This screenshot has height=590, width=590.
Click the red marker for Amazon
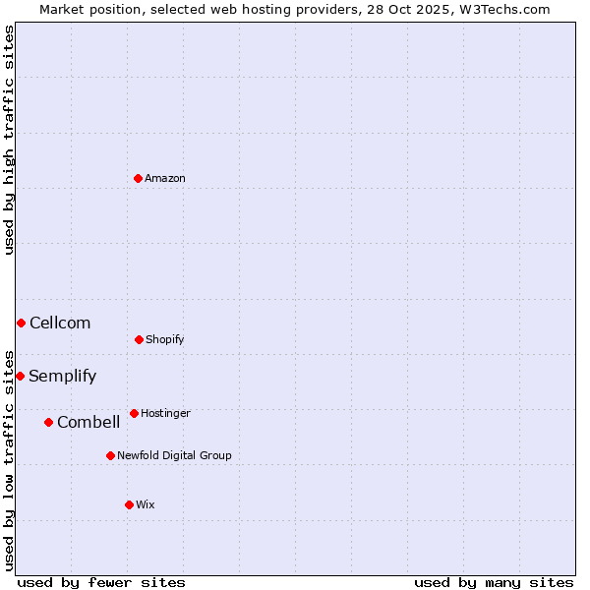click(x=138, y=178)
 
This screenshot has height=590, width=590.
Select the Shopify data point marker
click(x=139, y=339)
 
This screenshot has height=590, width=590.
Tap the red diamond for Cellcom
click(x=21, y=323)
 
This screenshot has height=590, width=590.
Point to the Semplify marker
click(x=20, y=376)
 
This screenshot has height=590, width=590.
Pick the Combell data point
click(x=48, y=422)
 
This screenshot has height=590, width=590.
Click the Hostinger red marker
click(x=134, y=413)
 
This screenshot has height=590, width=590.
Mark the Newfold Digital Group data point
click(x=110, y=455)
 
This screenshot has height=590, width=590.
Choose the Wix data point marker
click(x=129, y=504)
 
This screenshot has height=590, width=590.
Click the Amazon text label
click(x=165, y=178)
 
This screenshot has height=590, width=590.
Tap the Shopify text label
click(x=165, y=339)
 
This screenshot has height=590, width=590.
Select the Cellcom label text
click(x=60, y=323)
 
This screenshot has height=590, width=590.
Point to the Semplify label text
click(x=63, y=376)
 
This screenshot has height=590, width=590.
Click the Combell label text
click(x=88, y=422)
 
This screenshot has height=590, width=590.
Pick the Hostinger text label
click(x=165, y=413)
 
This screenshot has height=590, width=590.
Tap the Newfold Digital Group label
click(x=174, y=455)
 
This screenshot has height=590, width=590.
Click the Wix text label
click(x=146, y=504)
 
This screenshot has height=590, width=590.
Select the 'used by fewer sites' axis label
click(x=101, y=582)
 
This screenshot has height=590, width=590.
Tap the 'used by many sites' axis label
click(x=494, y=582)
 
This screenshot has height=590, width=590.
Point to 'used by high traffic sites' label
click(x=9, y=140)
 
